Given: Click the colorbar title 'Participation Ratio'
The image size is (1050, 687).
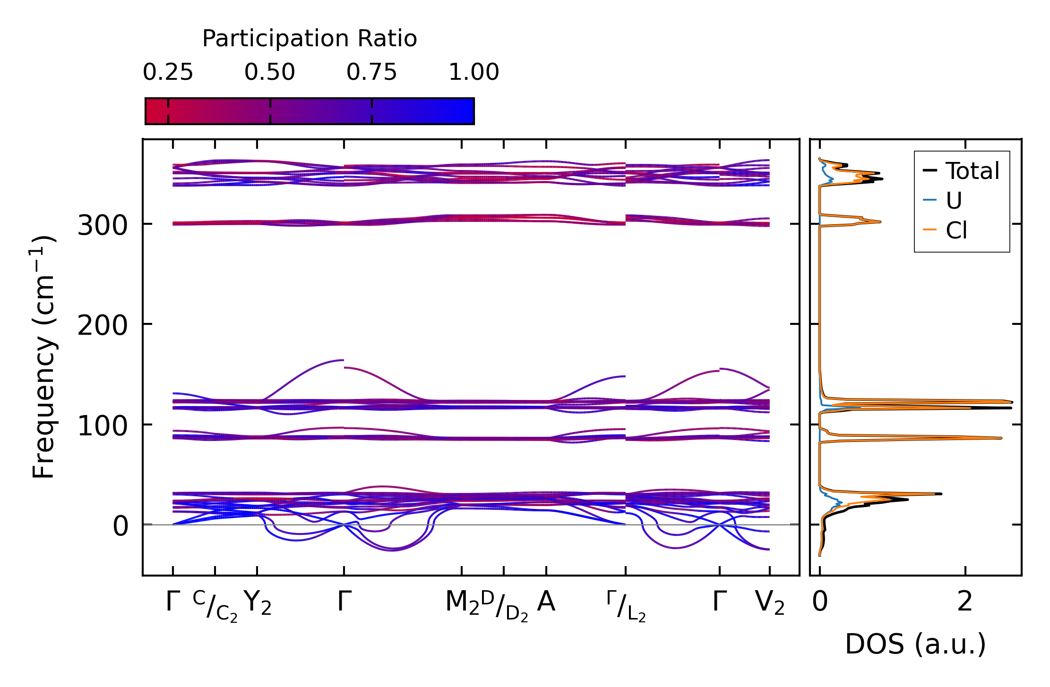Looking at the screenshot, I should tap(310, 39).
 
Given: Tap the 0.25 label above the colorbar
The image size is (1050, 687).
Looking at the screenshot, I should tap(168, 73).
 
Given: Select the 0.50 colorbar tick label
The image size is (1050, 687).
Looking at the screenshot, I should tap(270, 73).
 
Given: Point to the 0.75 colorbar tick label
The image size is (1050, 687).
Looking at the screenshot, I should tap(372, 73).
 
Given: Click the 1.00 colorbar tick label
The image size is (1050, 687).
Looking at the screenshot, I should tap(473, 73).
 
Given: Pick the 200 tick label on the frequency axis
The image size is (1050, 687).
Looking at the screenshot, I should tap(103, 326).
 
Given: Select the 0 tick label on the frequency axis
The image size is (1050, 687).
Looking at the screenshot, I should tap(120, 526).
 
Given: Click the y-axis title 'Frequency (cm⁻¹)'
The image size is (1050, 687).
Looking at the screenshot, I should tap(44, 357).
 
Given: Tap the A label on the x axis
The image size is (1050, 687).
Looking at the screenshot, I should tap(546, 602).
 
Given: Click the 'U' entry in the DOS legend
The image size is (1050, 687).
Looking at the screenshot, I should tap(954, 201).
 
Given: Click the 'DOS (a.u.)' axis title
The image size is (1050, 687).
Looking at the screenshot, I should tap(915, 645).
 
